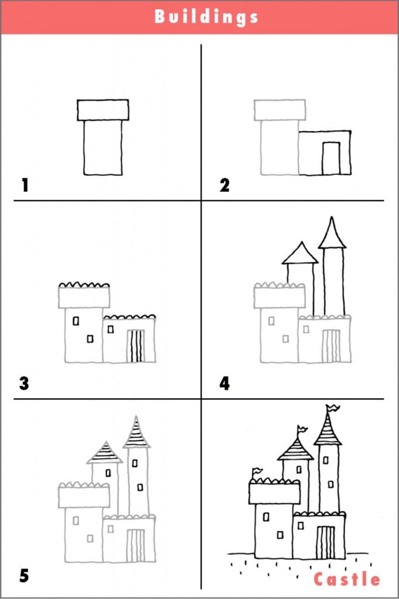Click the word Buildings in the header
[207, 17]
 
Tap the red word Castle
[347, 579]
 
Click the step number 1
[25, 185]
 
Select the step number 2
[224, 185]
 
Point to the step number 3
[24, 383]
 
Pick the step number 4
[225, 383]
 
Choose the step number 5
[24, 576]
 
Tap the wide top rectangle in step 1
[103, 110]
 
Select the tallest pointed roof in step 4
[332, 233]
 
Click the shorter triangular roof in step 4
[300, 253]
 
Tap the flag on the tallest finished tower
[332, 408]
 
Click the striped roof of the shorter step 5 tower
[105, 453]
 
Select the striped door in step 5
[136, 546]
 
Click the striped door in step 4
[331, 346]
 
